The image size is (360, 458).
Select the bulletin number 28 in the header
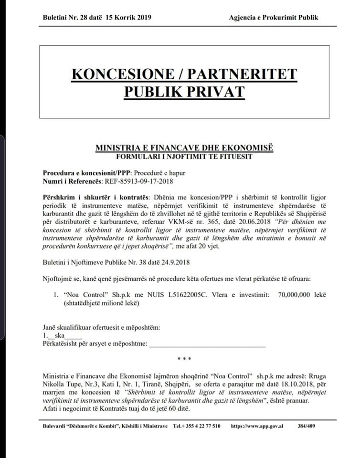(x=83, y=18)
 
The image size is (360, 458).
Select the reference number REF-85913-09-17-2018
(x=138, y=181)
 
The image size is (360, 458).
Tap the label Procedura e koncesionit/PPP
(x=86, y=173)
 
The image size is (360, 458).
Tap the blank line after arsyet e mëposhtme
(x=207, y=344)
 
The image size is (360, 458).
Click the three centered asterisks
(x=184, y=359)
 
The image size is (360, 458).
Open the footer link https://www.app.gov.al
(x=256, y=426)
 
